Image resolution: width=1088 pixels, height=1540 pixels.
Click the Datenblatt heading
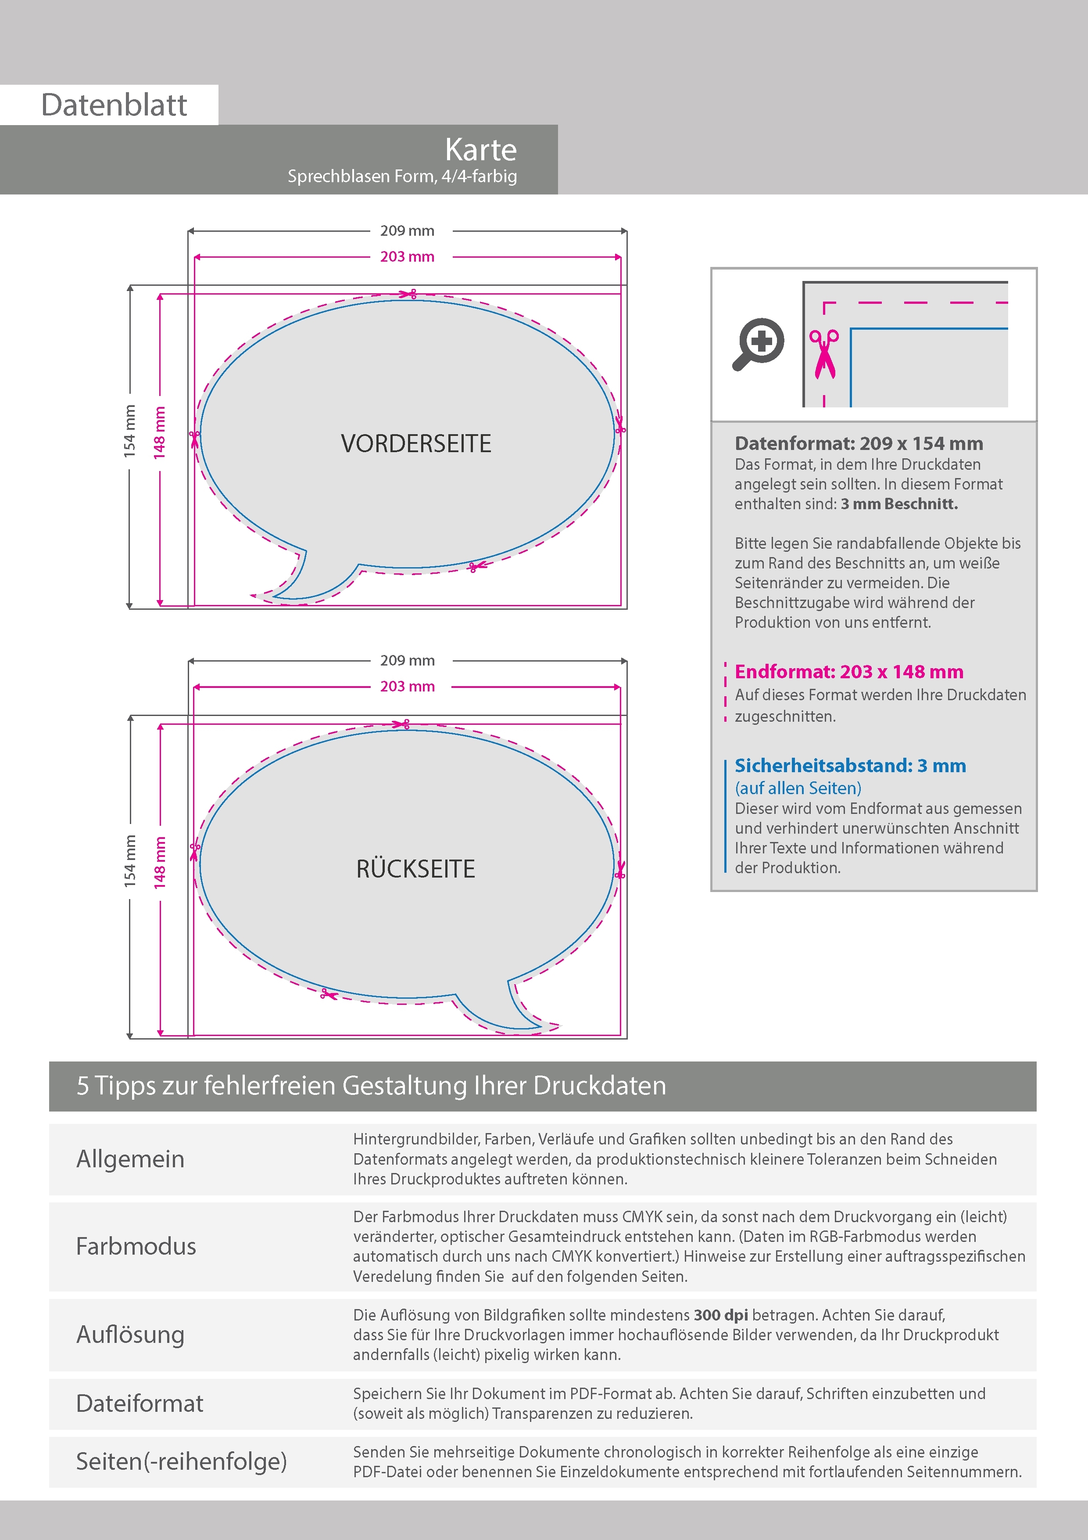[x=114, y=105]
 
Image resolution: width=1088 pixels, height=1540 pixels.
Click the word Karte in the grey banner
[x=481, y=150]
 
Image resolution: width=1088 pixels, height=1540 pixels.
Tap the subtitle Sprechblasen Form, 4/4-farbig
[x=402, y=176]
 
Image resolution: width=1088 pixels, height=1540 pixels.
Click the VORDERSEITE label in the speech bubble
[x=415, y=443]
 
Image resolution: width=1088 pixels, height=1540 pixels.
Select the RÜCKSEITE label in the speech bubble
[x=415, y=869]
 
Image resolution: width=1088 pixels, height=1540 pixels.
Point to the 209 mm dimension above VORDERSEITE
[x=407, y=231]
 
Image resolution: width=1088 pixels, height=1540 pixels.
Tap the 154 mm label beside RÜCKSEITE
[x=130, y=861]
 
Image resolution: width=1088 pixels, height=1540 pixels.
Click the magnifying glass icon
[x=758, y=343]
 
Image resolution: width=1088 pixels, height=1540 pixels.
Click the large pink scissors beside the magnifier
[x=824, y=353]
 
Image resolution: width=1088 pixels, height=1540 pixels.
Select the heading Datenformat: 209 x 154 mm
[x=859, y=443]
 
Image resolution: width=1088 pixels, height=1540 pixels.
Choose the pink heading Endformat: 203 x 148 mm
[x=848, y=671]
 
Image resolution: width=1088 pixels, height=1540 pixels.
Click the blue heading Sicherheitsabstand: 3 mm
[x=850, y=765]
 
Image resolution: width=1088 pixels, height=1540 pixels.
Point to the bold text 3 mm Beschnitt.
[x=899, y=504]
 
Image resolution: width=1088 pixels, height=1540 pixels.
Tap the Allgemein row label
[x=130, y=1159]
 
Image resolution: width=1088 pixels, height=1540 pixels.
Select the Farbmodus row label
[x=136, y=1246]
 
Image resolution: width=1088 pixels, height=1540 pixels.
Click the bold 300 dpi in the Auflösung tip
[x=721, y=1315]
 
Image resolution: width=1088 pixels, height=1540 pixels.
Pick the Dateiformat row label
[x=140, y=1403]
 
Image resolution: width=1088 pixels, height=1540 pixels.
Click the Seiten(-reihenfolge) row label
[x=181, y=1461]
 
